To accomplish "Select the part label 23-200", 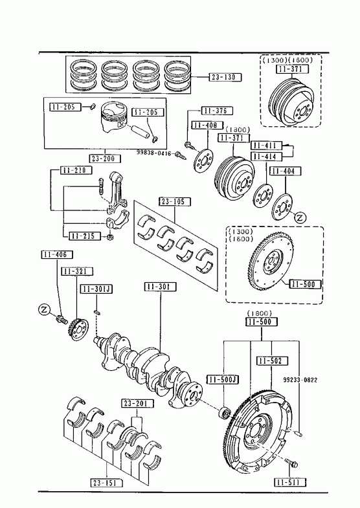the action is (105, 159).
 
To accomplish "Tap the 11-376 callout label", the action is (217, 111).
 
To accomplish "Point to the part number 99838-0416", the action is (154, 153).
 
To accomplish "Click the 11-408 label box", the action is (207, 125).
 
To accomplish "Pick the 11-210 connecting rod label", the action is (76, 170).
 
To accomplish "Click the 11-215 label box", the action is (85, 236).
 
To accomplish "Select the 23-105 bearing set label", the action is (175, 202).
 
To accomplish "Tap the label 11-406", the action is (57, 255).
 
